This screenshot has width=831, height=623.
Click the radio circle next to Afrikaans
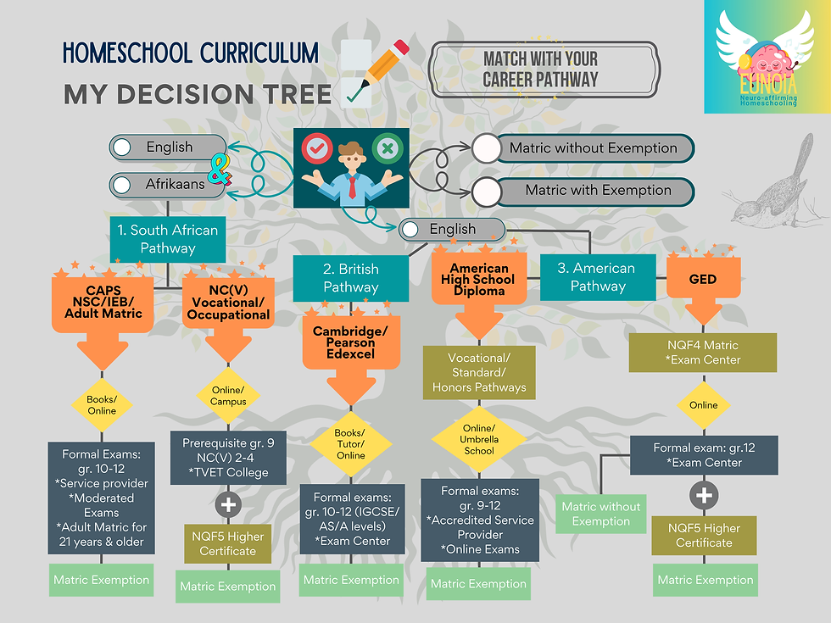(122, 185)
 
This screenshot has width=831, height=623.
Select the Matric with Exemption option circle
(486, 192)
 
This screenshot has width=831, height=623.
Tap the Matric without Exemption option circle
(486, 147)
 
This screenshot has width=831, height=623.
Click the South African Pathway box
(168, 239)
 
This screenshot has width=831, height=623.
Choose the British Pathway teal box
(351, 278)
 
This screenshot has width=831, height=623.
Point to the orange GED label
(703, 279)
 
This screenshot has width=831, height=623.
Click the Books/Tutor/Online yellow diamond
(351, 444)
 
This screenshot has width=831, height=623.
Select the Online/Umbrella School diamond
(479, 439)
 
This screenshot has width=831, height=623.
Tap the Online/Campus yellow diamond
(228, 395)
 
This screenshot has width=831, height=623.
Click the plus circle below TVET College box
(228, 504)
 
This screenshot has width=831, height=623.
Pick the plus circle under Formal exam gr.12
(704, 495)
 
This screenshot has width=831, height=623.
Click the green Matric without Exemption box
(601, 514)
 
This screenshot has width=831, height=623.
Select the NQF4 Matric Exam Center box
(703, 353)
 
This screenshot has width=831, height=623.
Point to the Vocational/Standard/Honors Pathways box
(479, 372)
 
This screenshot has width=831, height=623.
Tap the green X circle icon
(388, 148)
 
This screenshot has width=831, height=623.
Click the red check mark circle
(317, 148)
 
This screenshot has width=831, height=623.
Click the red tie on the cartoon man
(353, 187)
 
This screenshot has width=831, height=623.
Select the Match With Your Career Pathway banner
(544, 70)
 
